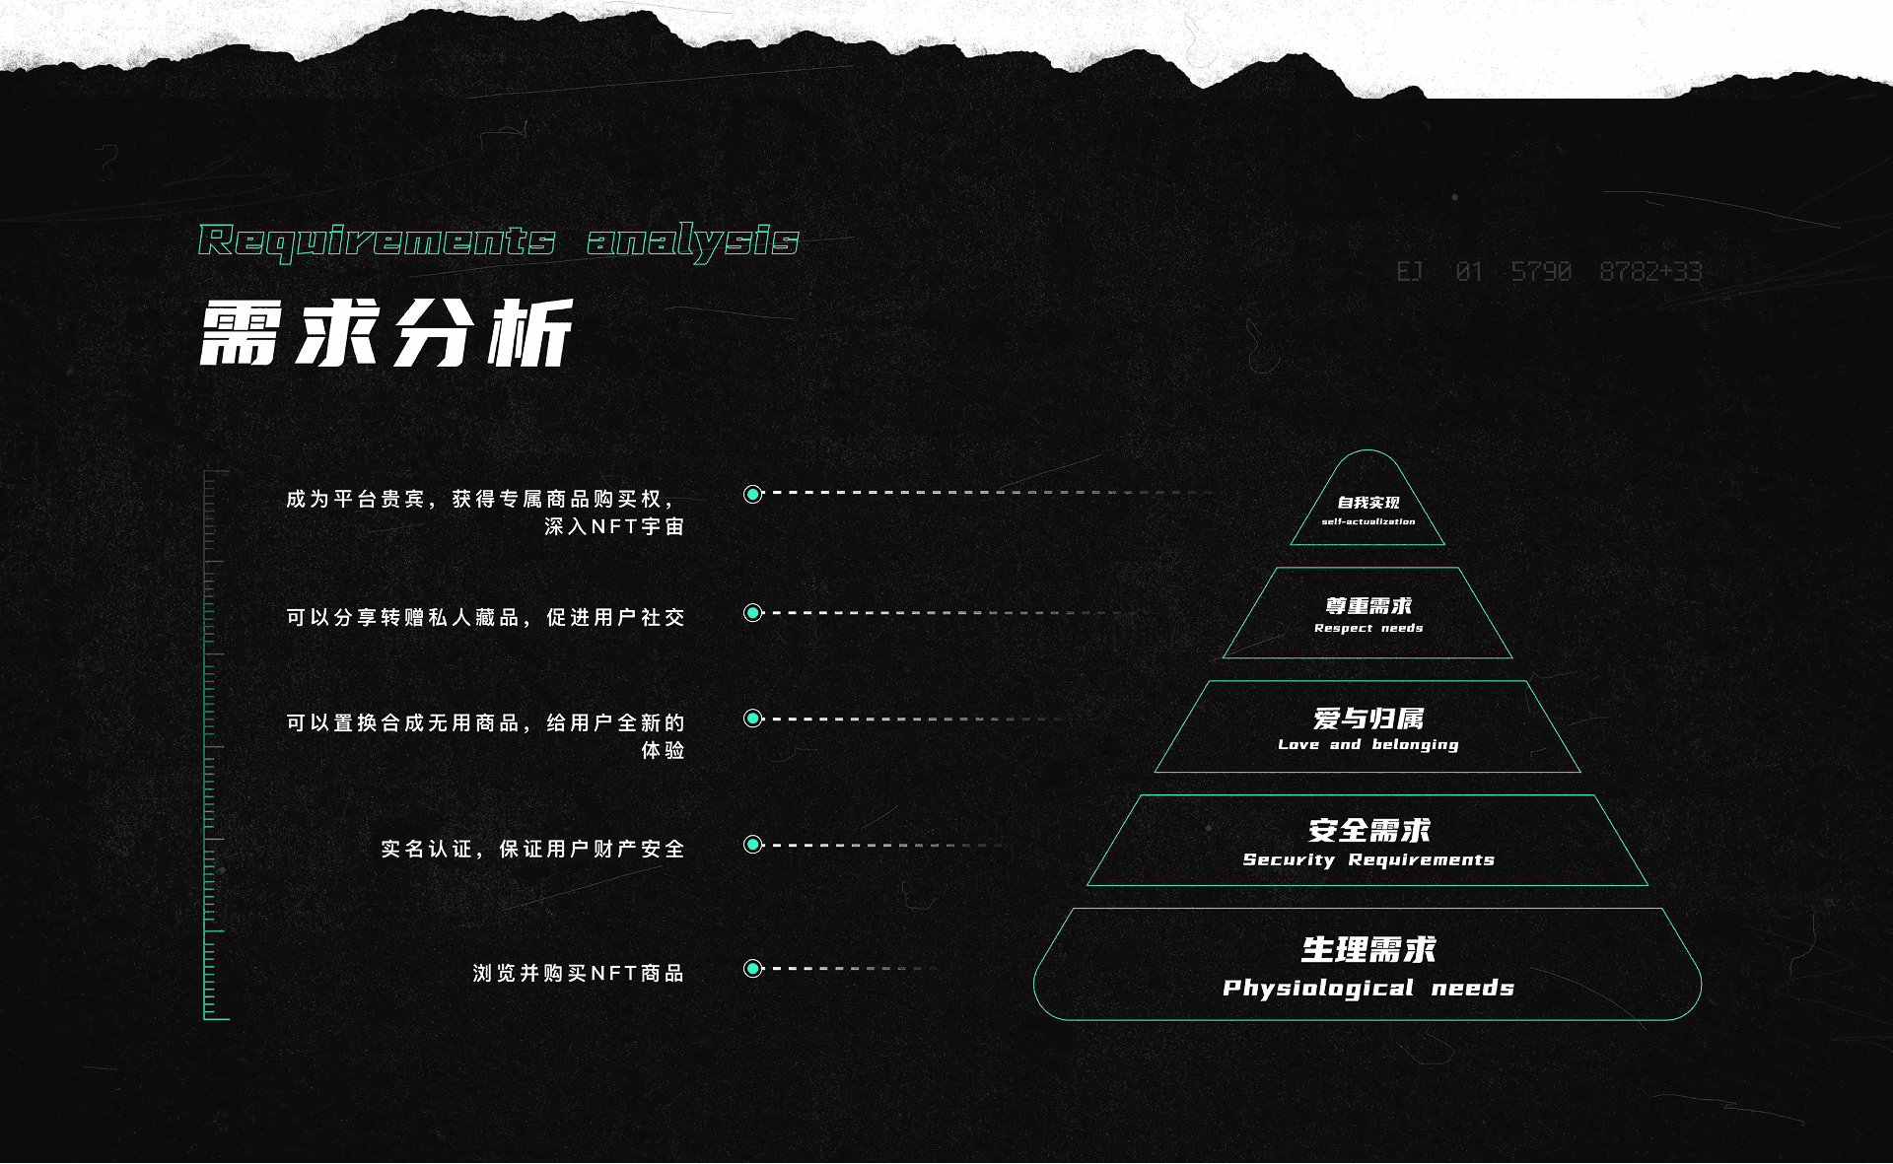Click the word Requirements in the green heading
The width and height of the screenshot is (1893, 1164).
(377, 240)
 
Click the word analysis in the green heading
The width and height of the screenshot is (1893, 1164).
(692, 240)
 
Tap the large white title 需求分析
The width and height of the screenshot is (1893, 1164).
(386, 333)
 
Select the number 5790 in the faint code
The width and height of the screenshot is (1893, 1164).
(1541, 271)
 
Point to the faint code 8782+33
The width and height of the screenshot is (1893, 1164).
(1650, 271)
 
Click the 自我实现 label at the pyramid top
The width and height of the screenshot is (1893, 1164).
(1367, 503)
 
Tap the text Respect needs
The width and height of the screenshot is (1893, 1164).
(1367, 628)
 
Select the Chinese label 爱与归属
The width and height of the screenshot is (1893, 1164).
(1367, 719)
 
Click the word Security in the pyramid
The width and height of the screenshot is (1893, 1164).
(1288, 859)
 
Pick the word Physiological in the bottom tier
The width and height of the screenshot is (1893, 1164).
(1317, 988)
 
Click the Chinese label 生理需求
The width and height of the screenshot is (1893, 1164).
(1367, 949)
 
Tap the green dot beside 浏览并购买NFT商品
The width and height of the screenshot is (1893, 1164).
(753, 969)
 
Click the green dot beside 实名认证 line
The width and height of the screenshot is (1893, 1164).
(753, 845)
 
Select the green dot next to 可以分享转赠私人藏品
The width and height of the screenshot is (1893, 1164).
(753, 613)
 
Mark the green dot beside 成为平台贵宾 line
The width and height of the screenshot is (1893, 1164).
(753, 494)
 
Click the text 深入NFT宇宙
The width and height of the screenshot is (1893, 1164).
(613, 526)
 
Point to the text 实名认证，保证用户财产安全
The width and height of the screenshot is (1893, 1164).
(532, 849)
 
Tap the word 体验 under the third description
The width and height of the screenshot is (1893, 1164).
(663, 750)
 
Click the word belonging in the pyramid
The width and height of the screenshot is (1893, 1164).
(1414, 744)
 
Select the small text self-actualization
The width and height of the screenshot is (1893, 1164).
(1367, 521)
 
